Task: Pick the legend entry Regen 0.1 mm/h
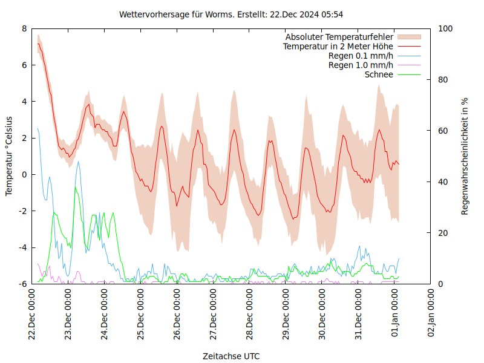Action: coord(361,56)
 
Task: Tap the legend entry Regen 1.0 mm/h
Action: coord(361,65)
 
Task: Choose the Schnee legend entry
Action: coord(379,74)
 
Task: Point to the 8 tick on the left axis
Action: coord(24,28)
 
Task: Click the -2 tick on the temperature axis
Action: coord(23,211)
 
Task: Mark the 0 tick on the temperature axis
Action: coord(24,174)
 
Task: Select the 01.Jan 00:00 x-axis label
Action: coord(395,315)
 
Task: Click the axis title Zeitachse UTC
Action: coord(231,356)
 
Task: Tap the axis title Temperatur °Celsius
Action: coord(9,156)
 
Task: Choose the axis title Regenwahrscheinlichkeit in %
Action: coord(465,156)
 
